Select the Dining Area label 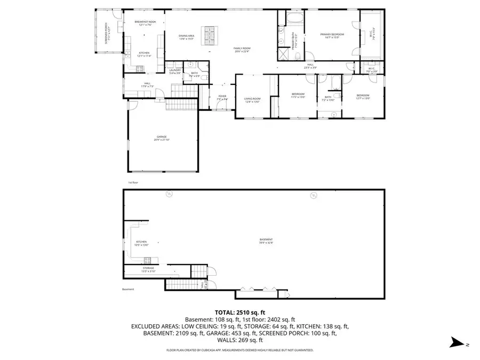(x=186, y=37)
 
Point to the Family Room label (x=242, y=50)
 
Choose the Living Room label (x=252, y=100)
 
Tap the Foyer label (x=222, y=98)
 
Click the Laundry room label (x=175, y=71)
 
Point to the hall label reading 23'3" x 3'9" (x=310, y=67)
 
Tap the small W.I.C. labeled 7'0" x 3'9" (x=372, y=69)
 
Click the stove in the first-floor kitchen (x=140, y=68)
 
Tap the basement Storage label (x=148, y=269)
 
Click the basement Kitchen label (x=141, y=243)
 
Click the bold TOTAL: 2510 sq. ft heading (x=239, y=312)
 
